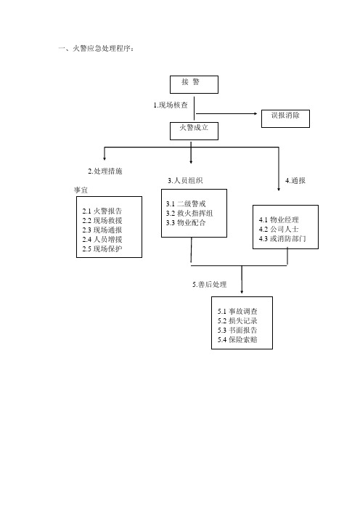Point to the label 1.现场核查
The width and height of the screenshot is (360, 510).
[171, 105]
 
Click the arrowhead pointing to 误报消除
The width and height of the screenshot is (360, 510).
[255, 113]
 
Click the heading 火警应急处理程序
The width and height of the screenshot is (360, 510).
[102, 49]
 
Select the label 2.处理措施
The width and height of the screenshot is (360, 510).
[105, 171]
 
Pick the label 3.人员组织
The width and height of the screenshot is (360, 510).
[185, 180]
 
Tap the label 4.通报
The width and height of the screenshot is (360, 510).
[295, 180]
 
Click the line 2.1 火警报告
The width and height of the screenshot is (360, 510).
[102, 211]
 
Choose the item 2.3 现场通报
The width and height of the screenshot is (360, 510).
[102, 230]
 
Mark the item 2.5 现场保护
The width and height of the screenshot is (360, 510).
[102, 248]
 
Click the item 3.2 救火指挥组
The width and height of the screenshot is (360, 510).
[189, 214]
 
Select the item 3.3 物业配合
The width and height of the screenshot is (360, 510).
[186, 223]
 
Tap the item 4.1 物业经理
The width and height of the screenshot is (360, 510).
[279, 220]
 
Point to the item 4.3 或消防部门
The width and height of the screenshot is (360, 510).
[282, 239]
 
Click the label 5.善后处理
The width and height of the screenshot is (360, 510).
[210, 285]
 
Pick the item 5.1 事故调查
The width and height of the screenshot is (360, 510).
[237, 311]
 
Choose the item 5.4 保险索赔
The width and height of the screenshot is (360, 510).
[237, 339]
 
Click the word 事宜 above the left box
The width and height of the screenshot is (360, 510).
[81, 190]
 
